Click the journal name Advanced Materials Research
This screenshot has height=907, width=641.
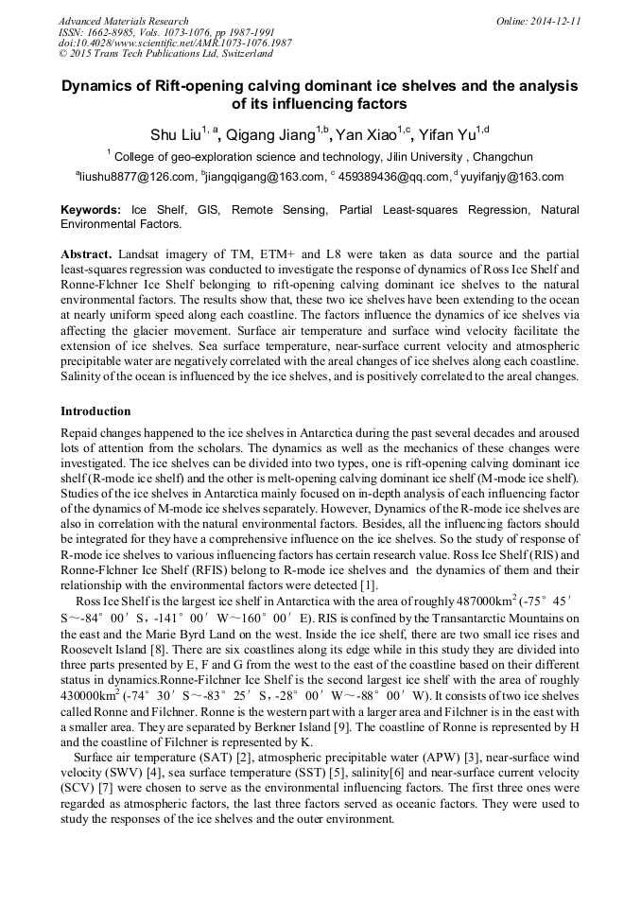(x=123, y=21)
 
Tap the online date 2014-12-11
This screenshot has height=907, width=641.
(x=538, y=21)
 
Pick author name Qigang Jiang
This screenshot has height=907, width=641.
(x=269, y=134)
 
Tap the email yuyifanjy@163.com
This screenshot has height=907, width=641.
(x=511, y=177)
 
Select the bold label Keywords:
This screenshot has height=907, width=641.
(x=91, y=210)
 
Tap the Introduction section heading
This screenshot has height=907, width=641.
(x=95, y=411)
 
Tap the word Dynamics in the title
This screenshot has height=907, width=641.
(x=101, y=85)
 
